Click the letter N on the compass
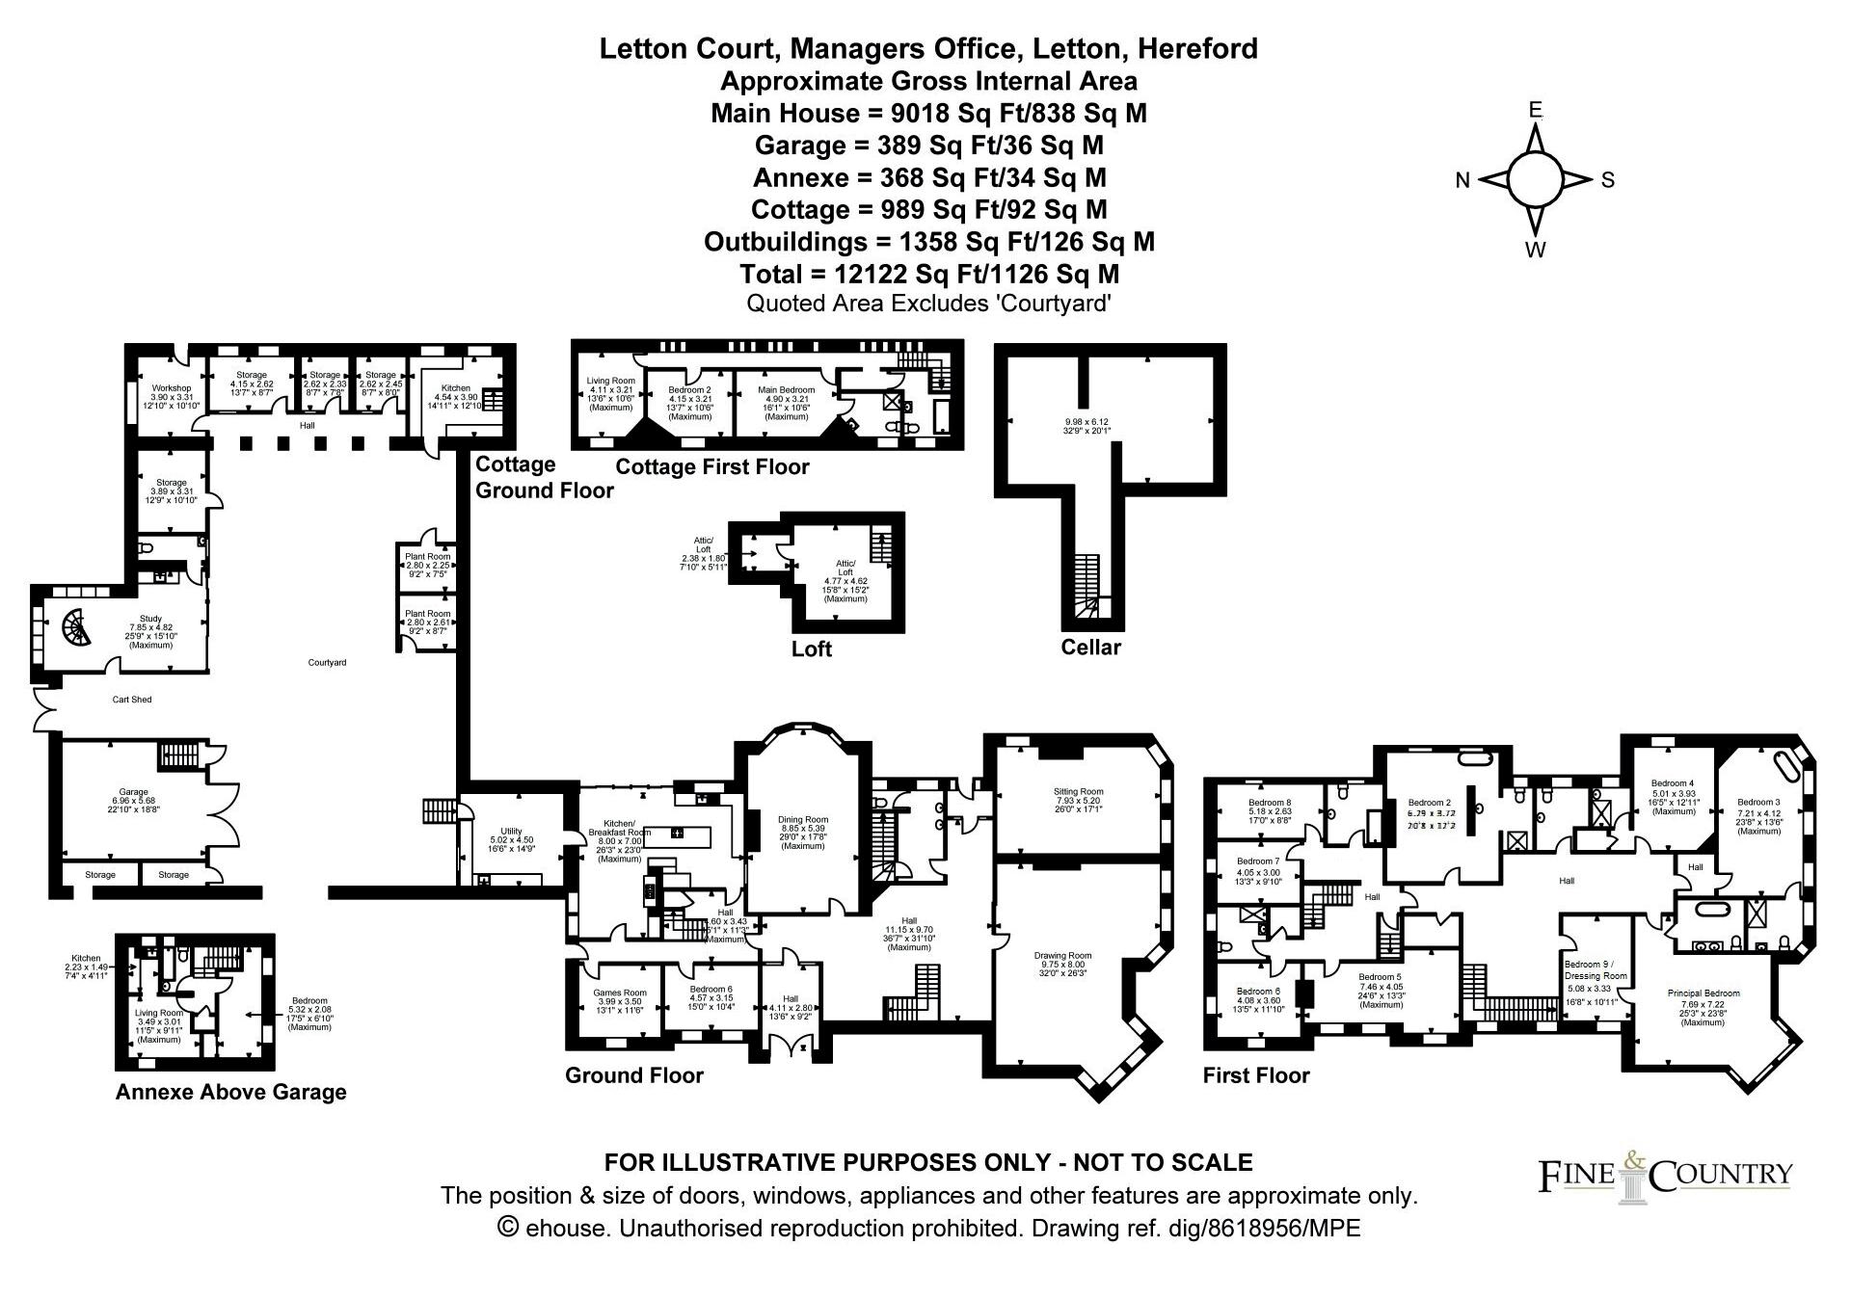(x=1462, y=180)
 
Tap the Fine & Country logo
(x=1665, y=1175)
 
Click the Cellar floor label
(x=1090, y=647)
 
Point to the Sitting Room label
(x=1078, y=792)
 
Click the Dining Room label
(x=802, y=821)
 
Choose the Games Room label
(x=620, y=993)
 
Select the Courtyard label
(x=327, y=663)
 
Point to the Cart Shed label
(x=132, y=700)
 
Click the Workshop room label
(x=172, y=388)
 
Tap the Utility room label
(x=510, y=831)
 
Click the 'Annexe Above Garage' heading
(x=230, y=1092)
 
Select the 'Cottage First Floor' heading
(x=711, y=467)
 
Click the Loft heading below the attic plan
(x=811, y=649)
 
